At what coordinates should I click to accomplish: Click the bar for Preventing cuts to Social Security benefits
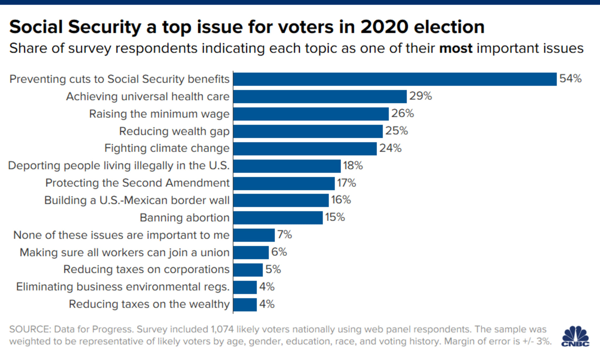395,79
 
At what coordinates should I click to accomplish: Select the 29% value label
420,96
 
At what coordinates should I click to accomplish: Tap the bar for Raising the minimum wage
311,114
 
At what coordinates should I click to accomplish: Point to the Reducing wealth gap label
174,131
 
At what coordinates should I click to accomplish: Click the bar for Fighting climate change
305,149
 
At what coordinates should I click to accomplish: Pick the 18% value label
352,166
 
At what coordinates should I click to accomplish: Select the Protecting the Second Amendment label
137,183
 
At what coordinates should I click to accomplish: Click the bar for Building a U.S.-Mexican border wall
281,200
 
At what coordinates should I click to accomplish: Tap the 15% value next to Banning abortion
335,217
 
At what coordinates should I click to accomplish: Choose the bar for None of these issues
254,235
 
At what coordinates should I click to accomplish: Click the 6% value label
279,252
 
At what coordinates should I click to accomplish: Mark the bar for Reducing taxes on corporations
248,270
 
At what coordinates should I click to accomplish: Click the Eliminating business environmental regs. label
123,287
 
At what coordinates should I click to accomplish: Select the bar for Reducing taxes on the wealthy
245,304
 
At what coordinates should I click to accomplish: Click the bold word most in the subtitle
455,49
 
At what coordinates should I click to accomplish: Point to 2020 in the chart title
384,27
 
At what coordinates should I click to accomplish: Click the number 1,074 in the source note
222,329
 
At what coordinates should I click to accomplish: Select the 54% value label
570,79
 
